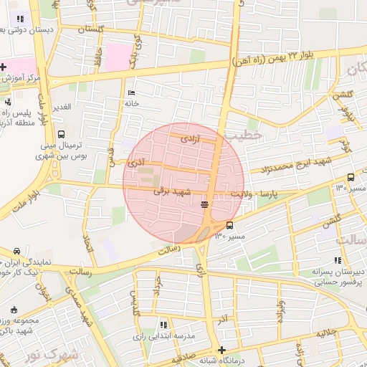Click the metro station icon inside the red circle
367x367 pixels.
[205, 204]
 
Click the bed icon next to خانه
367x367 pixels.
[130, 93]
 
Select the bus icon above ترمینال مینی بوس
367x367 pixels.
[61, 134]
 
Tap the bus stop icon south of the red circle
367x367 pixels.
[229, 226]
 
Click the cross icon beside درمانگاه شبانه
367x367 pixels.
[221, 350]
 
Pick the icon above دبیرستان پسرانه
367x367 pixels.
[337, 261]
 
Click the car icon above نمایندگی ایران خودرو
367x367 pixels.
[16, 251]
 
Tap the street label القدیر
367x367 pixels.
[61, 107]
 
